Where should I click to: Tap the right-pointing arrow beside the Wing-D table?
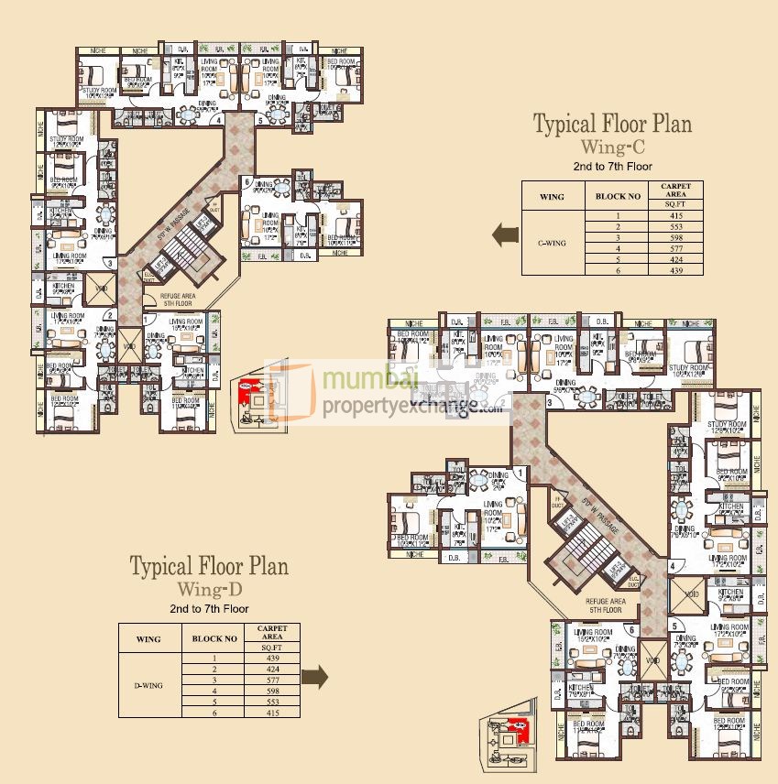click(x=315, y=677)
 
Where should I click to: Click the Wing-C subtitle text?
click(x=612, y=147)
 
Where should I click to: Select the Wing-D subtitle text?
click(x=208, y=588)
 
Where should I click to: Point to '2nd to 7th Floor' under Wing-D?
click(x=209, y=608)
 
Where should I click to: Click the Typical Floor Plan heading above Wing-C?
click(x=612, y=124)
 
